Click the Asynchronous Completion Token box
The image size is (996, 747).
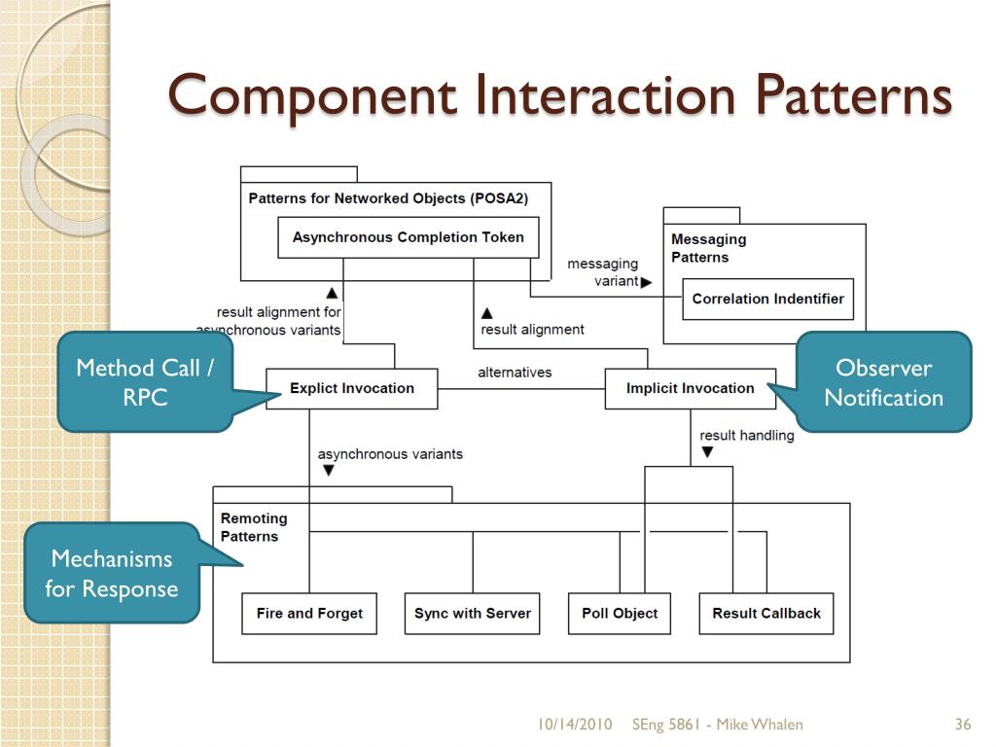click(408, 237)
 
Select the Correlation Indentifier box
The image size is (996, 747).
click(767, 299)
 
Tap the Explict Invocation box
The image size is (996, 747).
click(351, 388)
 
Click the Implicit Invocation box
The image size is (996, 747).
click(690, 388)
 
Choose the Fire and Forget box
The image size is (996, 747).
click(309, 614)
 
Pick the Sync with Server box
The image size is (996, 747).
click(472, 614)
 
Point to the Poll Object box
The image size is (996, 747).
click(620, 614)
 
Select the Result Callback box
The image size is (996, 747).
click(765, 614)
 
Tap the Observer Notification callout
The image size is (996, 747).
click(884, 381)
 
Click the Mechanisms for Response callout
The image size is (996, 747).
click(112, 573)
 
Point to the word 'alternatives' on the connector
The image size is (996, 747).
click(515, 373)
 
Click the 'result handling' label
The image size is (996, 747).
click(746, 436)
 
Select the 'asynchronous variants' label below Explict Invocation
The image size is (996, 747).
click(390, 454)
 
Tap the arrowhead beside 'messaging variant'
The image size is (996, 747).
click(647, 282)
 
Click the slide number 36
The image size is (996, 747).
click(963, 724)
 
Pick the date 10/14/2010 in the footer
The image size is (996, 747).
click(575, 724)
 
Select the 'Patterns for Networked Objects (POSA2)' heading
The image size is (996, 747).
click(388, 198)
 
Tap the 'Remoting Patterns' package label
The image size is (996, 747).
click(253, 527)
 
